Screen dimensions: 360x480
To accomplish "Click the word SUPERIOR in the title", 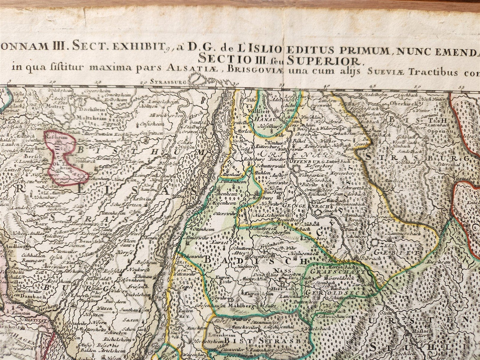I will (x=324, y=60).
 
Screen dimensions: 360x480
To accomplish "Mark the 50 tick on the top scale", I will (x=417, y=86).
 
